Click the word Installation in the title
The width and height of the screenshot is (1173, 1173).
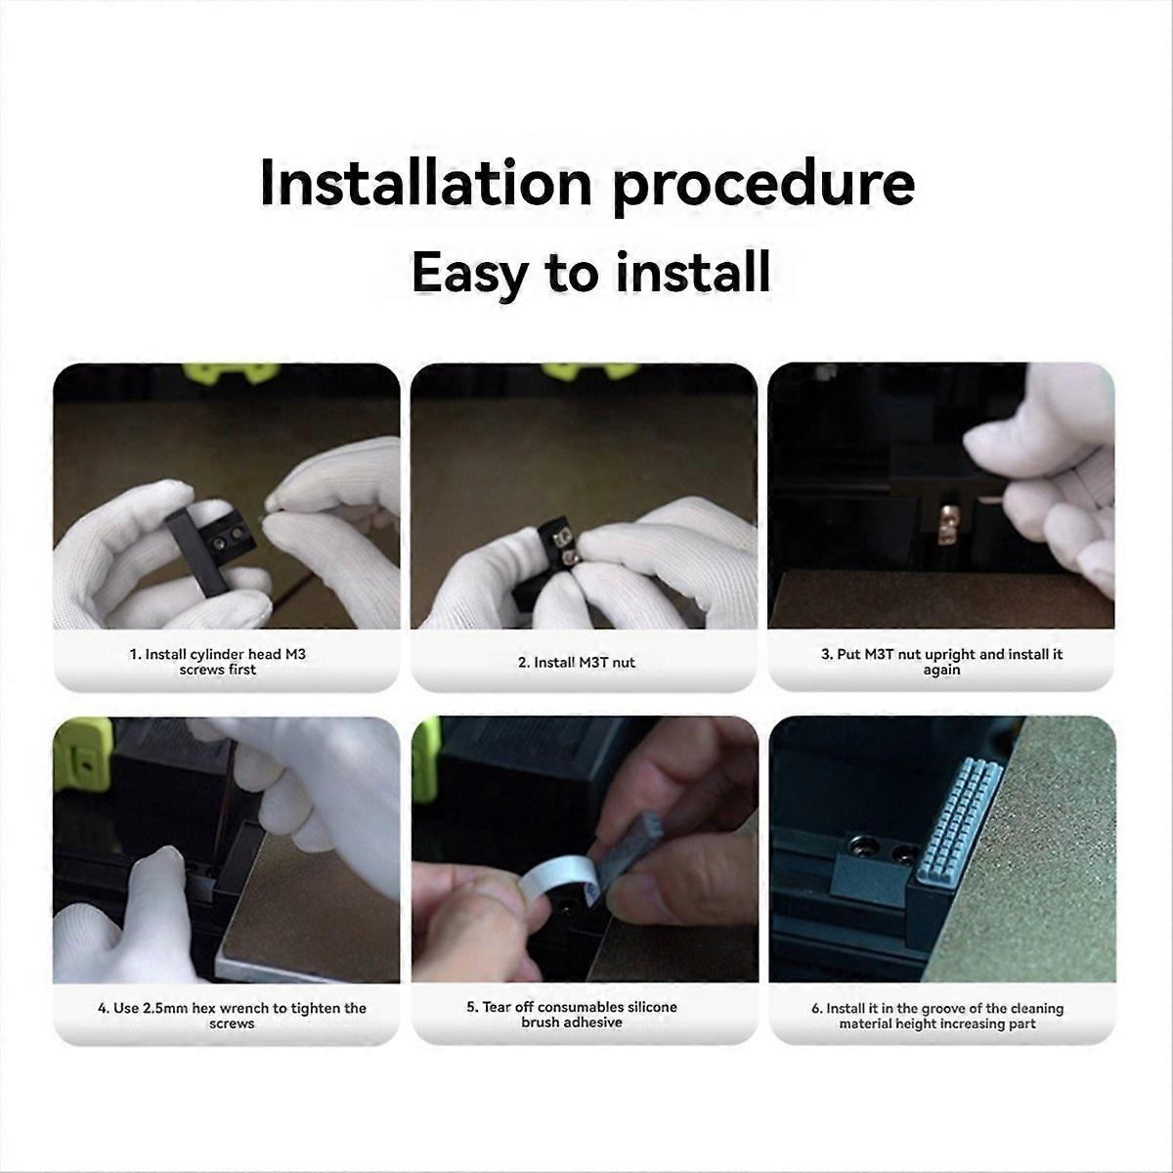pyautogui.click(x=426, y=183)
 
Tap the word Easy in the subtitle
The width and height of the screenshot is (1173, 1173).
pyautogui.click(x=467, y=273)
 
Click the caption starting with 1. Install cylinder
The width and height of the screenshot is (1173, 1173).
pyautogui.click(x=217, y=662)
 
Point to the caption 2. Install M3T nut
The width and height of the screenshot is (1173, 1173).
pyautogui.click(x=577, y=663)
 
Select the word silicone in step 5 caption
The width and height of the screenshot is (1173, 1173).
pyautogui.click(x=652, y=1007)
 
